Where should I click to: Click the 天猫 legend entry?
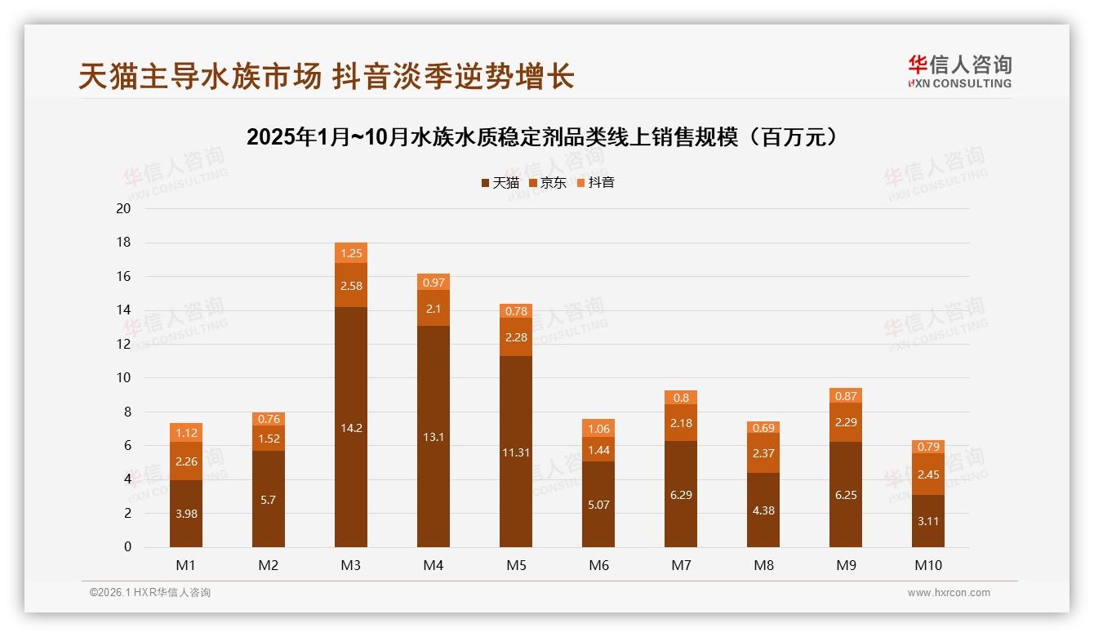click(500, 183)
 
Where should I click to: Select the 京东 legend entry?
click(548, 183)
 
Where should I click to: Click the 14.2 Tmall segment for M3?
click(351, 426)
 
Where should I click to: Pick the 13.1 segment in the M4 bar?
click(434, 436)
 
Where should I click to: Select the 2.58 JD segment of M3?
click(351, 285)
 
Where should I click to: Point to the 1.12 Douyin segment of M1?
click(186, 433)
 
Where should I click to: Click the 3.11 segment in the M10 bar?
click(928, 520)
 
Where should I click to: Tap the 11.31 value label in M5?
click(516, 452)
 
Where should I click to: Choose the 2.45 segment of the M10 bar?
click(928, 474)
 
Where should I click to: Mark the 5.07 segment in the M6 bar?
click(598, 504)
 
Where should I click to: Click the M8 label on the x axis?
click(763, 565)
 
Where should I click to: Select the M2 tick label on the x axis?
click(269, 565)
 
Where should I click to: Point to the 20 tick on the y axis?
click(124, 208)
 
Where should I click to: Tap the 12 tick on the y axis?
click(124, 344)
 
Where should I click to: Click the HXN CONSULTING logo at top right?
click(959, 72)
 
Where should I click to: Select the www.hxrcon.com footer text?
click(949, 593)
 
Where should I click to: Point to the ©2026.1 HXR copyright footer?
click(150, 593)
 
